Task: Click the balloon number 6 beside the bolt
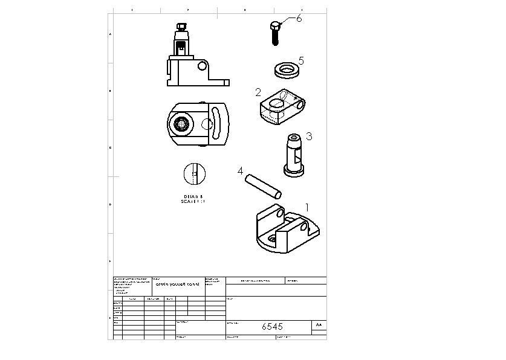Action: [x=299, y=19]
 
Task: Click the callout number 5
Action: [x=301, y=61]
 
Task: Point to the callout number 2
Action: [x=258, y=92]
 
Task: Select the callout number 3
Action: [x=308, y=137]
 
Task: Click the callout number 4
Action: [x=240, y=172]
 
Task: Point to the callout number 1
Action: [x=307, y=207]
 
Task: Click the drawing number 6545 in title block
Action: [x=272, y=326]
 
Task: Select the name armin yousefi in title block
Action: [x=177, y=283]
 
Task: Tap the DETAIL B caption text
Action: [x=194, y=199]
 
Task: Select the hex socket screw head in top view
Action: [x=180, y=124]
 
